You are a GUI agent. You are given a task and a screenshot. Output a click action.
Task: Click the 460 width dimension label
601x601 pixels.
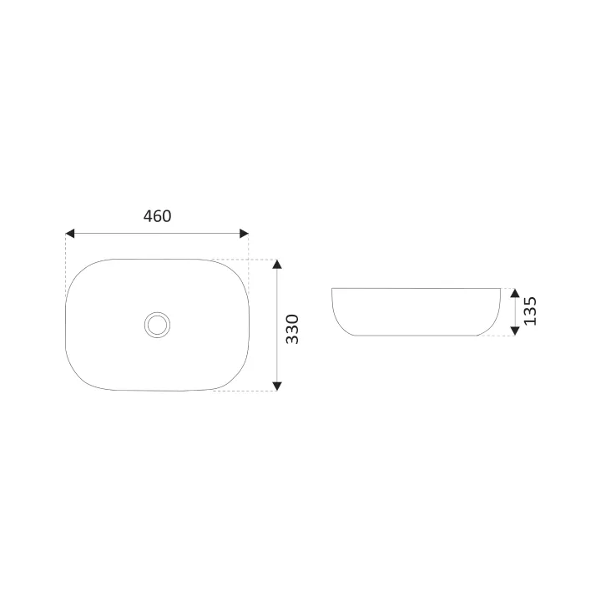157,216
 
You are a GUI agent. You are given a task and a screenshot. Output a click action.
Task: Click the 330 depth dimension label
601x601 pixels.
292,329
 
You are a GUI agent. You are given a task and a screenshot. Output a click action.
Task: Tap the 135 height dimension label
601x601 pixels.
531,311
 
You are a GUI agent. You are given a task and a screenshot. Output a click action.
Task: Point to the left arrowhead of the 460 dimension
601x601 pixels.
70,234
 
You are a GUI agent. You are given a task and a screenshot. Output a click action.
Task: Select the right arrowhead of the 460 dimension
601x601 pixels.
244,234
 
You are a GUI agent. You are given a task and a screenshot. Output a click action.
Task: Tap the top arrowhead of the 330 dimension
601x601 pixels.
277,264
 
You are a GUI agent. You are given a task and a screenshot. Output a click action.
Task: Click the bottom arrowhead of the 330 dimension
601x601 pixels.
277,386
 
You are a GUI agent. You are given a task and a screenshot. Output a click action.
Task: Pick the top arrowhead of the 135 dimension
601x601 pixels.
515,293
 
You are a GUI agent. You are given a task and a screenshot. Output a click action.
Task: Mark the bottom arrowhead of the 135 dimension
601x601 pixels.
515,331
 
